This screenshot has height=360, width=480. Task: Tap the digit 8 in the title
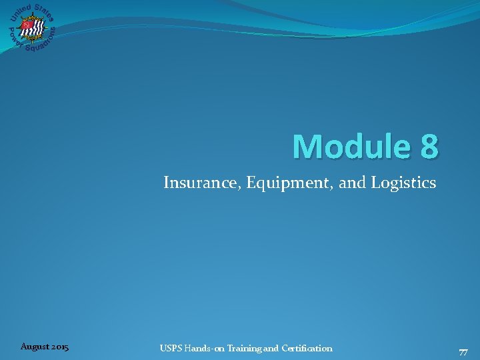[429, 147]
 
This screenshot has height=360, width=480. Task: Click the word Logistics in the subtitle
[407, 183]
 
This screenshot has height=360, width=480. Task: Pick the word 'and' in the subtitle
[352, 183]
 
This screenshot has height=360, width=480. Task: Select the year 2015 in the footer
[59, 347]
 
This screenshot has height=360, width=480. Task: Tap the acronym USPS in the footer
[171, 348]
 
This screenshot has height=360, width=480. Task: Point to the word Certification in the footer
[307, 348]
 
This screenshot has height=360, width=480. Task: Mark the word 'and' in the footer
[273, 348]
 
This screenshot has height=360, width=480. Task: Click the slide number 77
[463, 353]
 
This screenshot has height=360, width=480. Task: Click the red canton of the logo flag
[27, 25]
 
